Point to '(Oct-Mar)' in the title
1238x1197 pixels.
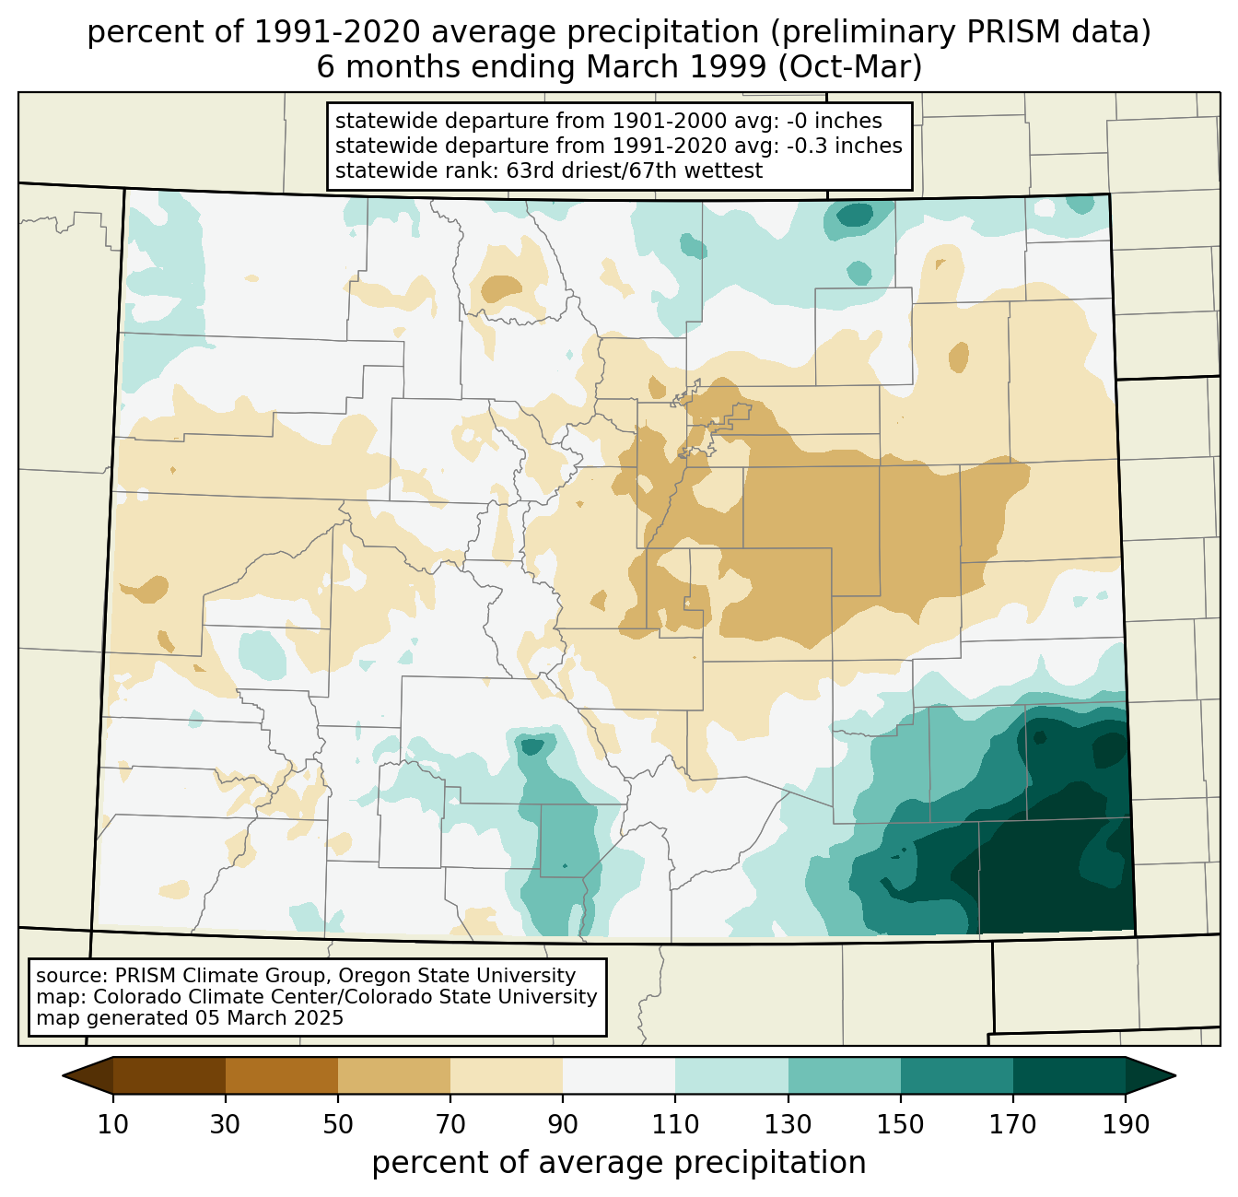[849, 67]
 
